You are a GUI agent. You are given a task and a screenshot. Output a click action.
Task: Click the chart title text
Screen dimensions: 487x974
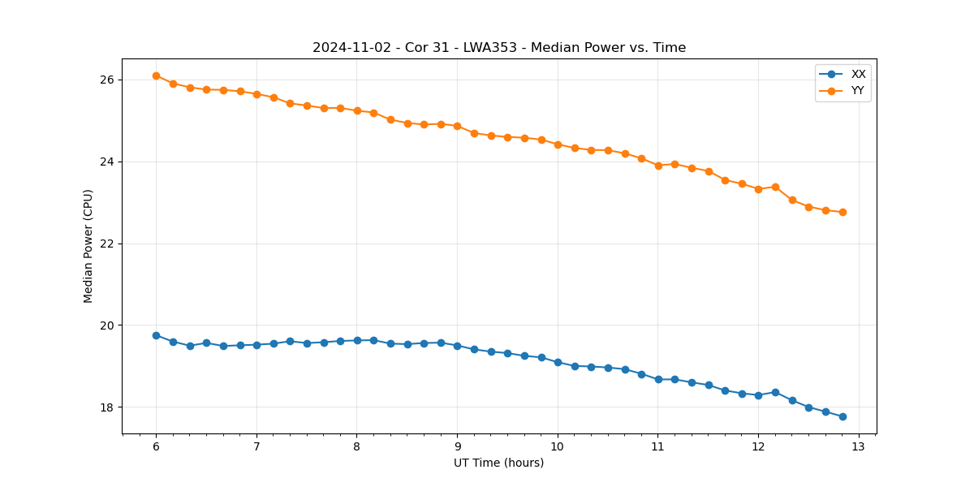coord(499,48)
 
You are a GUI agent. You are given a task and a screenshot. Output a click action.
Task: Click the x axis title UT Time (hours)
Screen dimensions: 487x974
coord(499,463)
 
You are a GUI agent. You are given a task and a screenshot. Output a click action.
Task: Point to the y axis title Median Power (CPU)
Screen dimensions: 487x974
coord(88,246)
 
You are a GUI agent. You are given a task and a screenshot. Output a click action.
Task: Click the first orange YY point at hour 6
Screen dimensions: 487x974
coord(156,75)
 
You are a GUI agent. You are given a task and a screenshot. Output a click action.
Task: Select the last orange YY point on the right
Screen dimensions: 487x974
coord(843,212)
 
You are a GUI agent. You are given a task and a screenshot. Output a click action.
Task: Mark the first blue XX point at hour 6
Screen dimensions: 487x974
coord(156,335)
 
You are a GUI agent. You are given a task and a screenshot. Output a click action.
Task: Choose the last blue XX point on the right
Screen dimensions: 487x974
coord(843,416)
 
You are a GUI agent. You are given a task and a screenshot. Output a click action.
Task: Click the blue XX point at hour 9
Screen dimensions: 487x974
coord(457,346)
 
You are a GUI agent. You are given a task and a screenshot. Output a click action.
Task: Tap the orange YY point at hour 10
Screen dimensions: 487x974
coord(558,144)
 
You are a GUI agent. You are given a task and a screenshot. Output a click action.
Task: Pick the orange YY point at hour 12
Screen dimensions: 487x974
coord(758,189)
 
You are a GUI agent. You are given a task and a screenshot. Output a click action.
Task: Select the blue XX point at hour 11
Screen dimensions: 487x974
coord(658,379)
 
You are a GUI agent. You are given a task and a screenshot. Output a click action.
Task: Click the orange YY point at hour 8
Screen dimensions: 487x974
coord(357,110)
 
